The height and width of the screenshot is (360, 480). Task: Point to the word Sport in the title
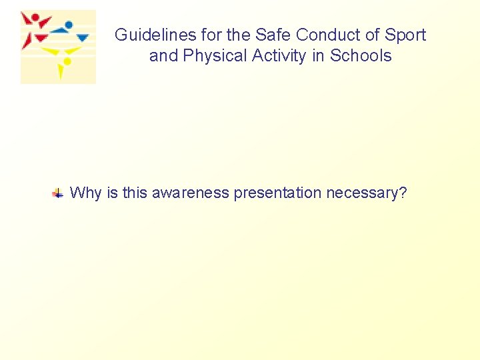pyautogui.click(x=405, y=35)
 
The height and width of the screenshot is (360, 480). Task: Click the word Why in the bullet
pyautogui.click(x=85, y=193)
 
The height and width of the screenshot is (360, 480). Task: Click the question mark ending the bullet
pyautogui.click(x=403, y=193)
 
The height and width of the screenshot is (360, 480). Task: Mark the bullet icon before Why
pyautogui.click(x=59, y=194)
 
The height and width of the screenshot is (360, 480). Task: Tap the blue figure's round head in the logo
pyautogui.click(x=69, y=25)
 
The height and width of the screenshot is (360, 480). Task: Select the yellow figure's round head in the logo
pyautogui.click(x=67, y=61)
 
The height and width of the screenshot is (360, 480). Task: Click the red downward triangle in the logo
pyautogui.click(x=41, y=38)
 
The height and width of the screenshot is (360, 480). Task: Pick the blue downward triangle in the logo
pyautogui.click(x=83, y=38)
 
